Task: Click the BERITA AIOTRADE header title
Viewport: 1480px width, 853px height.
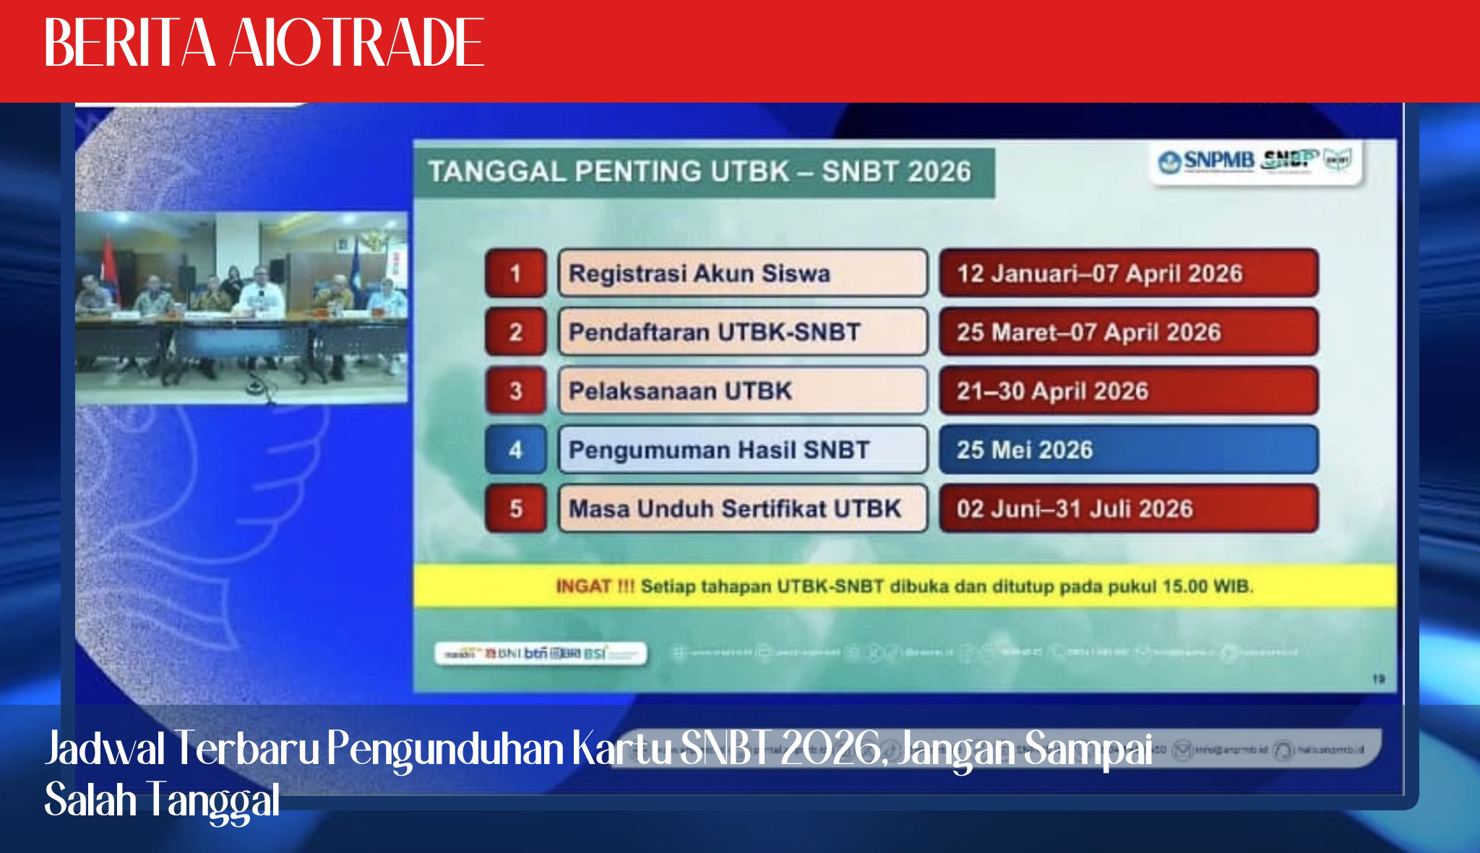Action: point(264,43)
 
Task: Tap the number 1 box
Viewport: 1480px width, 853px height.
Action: point(515,273)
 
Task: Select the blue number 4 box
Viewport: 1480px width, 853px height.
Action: point(515,450)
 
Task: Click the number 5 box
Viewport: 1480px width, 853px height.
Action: point(515,508)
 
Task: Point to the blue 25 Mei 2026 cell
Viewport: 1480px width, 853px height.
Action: point(1128,450)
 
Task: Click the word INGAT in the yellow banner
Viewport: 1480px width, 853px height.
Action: point(583,586)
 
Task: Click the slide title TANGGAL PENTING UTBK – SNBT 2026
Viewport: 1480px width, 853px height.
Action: point(700,172)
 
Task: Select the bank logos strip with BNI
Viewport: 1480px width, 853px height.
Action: point(541,653)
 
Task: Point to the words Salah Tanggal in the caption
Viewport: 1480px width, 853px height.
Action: point(163,800)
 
